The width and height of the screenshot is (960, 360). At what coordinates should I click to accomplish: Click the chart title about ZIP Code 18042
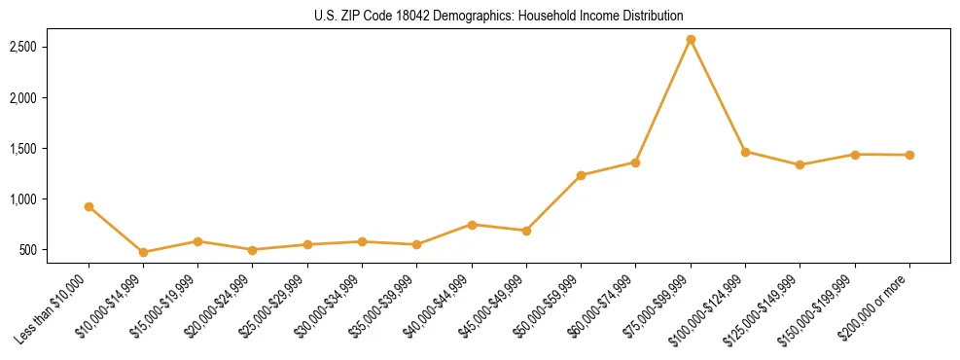coord(499,17)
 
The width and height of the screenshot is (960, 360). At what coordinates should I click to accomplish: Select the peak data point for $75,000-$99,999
coord(691,40)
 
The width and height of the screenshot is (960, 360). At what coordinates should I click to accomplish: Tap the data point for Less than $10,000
coord(89,206)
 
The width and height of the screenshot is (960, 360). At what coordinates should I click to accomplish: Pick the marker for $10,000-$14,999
coord(144,252)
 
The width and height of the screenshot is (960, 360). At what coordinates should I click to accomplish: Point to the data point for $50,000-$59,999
coord(581,175)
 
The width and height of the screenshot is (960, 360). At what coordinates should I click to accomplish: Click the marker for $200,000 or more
coord(909,155)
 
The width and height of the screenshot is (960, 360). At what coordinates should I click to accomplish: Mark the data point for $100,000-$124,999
coord(745,152)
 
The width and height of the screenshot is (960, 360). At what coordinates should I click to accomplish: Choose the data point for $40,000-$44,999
coord(472,225)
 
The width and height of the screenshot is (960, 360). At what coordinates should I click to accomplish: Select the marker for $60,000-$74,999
coord(635,162)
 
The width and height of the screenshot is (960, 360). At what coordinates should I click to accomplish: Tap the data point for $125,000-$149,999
coord(800,164)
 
